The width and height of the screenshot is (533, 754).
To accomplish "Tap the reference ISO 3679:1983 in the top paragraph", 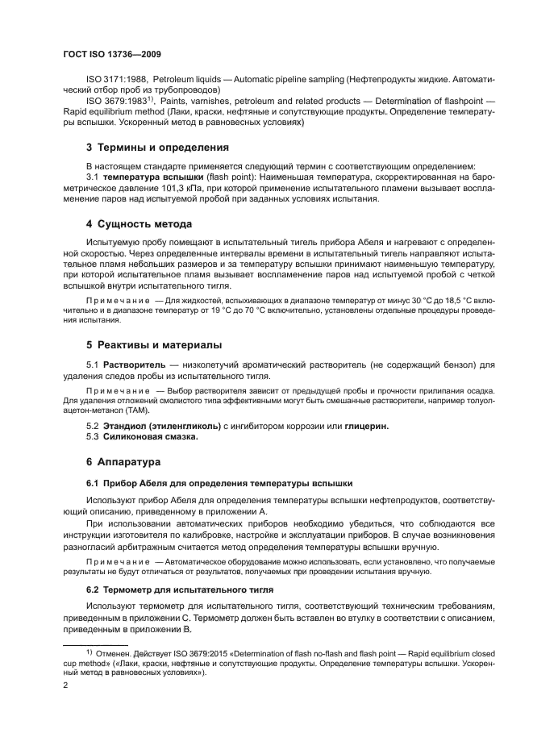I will pos(117,102).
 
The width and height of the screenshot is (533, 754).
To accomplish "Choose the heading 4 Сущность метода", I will pos(139,223).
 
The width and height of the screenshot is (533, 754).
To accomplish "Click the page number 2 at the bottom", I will pos(66,685).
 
